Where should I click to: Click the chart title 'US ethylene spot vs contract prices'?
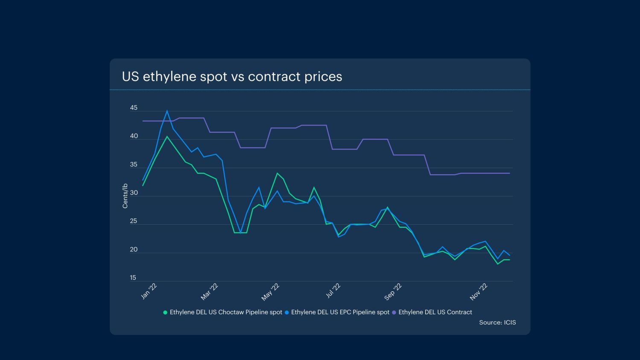[x=232, y=76]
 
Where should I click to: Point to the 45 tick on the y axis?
[x=134, y=108]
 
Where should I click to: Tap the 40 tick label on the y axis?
[x=134, y=136]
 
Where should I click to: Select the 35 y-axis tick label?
[x=134, y=165]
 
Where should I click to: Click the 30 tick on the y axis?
[x=134, y=193]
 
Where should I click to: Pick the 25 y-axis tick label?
[x=134, y=221]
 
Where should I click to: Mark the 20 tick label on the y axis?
[x=134, y=249]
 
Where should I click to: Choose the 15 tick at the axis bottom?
[x=133, y=278]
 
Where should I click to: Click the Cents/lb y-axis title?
[x=125, y=196]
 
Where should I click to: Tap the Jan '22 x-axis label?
[x=149, y=291]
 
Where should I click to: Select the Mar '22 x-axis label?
[x=210, y=292]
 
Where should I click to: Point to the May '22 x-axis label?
[x=270, y=292]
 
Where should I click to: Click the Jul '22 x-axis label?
[x=333, y=291]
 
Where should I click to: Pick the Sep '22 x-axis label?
[x=393, y=292]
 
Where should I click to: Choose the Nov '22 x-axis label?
[x=479, y=292]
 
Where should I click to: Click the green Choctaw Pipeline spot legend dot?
[x=165, y=313]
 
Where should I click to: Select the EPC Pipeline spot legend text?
[x=340, y=312]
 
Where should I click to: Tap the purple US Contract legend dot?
[x=394, y=313]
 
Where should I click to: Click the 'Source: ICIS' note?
[x=497, y=322]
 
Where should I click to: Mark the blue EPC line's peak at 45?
[x=167, y=111]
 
